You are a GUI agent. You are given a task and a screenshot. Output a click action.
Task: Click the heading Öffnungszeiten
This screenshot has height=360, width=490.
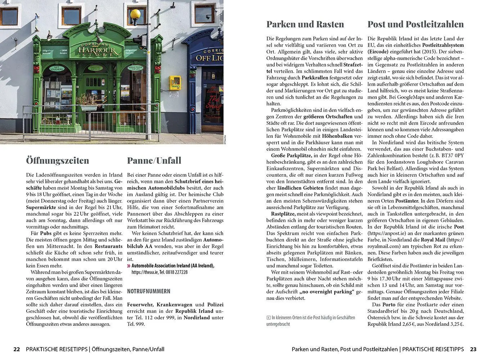[58, 160]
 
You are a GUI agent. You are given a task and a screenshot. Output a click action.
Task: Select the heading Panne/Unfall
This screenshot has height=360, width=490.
[154, 160]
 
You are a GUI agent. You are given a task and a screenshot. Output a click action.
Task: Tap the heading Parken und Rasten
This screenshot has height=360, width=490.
[305, 24]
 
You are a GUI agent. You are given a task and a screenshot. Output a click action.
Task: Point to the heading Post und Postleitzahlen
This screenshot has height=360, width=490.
[416, 24]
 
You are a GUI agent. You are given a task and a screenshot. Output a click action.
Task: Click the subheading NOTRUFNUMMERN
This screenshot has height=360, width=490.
[149, 291]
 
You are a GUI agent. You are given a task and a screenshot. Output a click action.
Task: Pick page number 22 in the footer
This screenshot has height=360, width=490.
[17, 349]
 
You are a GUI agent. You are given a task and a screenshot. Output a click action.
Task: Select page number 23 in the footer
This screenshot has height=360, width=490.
[473, 349]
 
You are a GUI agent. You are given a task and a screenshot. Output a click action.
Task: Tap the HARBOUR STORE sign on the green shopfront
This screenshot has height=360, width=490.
[97, 50]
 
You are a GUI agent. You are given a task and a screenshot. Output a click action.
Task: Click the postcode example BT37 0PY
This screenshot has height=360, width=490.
[452, 156]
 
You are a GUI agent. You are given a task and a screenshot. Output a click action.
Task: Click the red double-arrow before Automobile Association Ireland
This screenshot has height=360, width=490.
[129, 266]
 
